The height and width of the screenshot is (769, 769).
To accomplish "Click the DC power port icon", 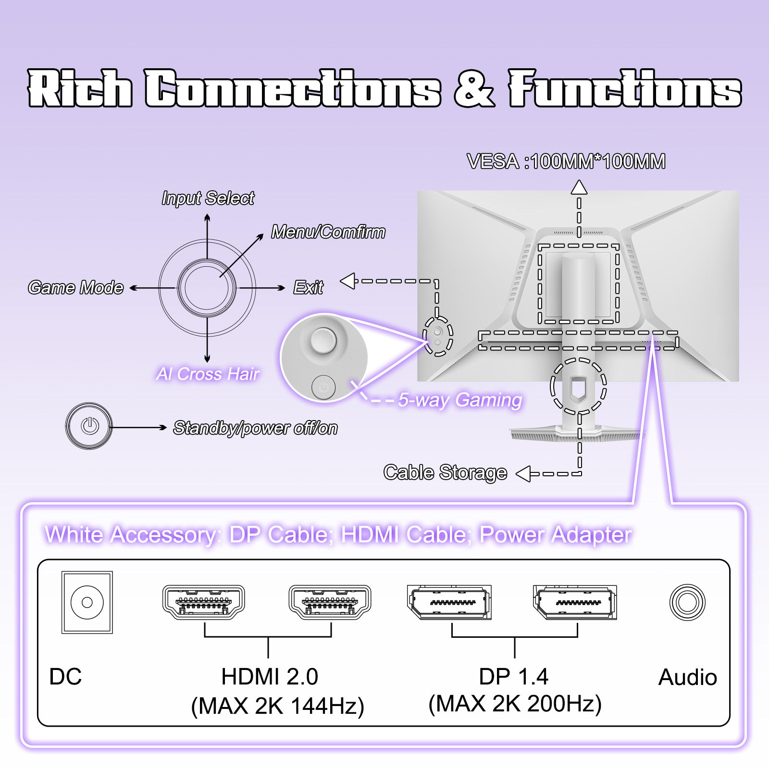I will click(x=87, y=602).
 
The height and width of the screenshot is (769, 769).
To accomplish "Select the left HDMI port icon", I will click(x=204, y=602).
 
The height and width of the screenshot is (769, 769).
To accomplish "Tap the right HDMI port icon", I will click(x=330, y=602).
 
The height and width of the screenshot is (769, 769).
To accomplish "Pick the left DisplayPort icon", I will click(x=449, y=602).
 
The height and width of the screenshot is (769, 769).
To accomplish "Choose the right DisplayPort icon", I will click(x=575, y=602).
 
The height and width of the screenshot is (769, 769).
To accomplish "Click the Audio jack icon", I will click(x=687, y=602).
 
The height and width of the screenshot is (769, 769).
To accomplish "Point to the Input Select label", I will click(x=208, y=198).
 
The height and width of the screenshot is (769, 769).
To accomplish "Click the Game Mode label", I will click(x=76, y=287).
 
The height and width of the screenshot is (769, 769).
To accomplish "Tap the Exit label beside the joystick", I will click(x=308, y=287).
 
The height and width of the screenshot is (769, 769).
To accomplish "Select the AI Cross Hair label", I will click(x=208, y=374).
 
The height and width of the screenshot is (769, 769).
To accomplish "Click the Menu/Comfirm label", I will click(x=328, y=232).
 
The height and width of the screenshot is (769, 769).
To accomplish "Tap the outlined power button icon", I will click(x=89, y=426).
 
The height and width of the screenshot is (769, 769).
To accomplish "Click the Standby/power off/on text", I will click(x=255, y=428).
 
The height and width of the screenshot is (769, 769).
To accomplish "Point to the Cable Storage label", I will click(x=445, y=472).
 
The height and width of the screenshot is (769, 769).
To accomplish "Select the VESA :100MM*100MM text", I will click(x=566, y=161).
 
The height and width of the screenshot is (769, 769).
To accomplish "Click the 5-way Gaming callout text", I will click(x=459, y=400).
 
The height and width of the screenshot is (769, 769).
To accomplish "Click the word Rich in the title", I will click(x=80, y=88).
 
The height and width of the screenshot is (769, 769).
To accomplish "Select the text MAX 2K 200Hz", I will click(x=515, y=704).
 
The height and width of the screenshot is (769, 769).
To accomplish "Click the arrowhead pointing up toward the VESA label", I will click(x=579, y=187).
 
